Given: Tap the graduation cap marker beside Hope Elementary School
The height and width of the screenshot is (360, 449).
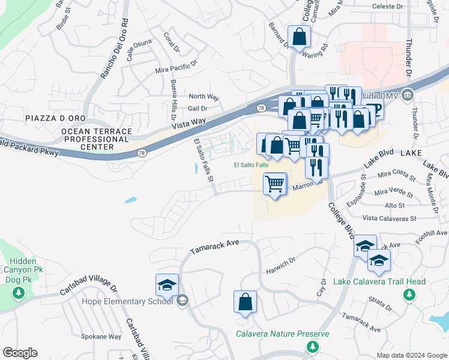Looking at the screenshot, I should pyautogui.click(x=167, y=284).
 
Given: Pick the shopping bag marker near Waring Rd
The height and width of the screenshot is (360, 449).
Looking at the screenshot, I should pyautogui.click(x=298, y=37).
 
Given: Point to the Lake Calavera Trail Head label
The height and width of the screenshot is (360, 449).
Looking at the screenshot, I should pyautogui.click(x=379, y=281).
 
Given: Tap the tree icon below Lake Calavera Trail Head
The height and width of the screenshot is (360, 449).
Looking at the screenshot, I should pyautogui.click(x=409, y=295).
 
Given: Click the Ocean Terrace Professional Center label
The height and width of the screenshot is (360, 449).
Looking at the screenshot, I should pyautogui.click(x=88, y=139).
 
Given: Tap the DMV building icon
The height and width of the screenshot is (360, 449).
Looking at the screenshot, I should pyautogui.click(x=407, y=95).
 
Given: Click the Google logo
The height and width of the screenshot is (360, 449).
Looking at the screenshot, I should pyautogui.click(x=20, y=353).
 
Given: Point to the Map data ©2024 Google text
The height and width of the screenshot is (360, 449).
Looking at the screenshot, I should pyautogui.click(x=411, y=355).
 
